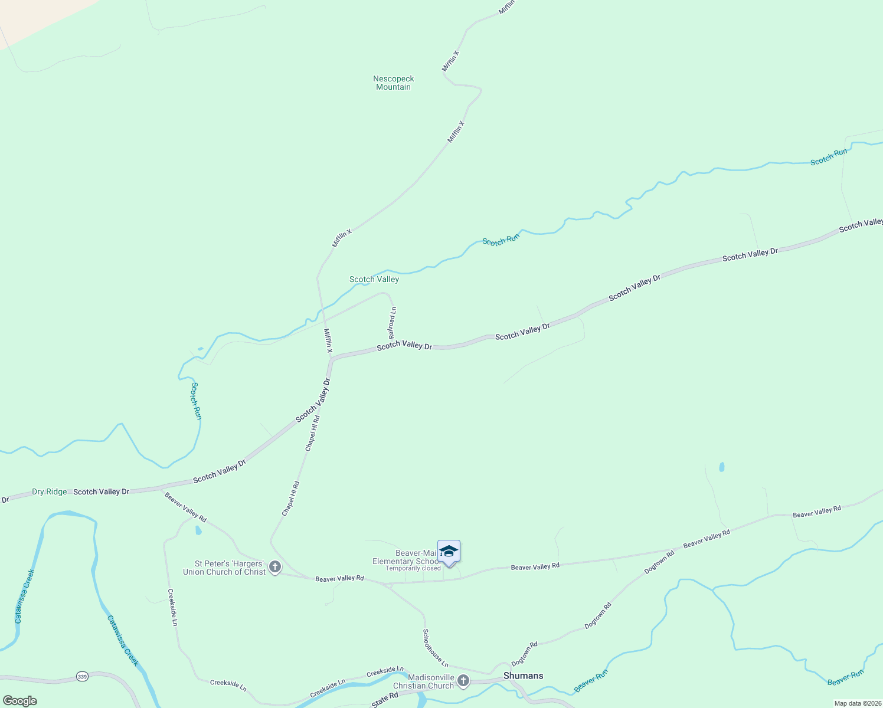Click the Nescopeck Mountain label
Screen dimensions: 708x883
393,83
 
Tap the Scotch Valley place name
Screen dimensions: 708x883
374,279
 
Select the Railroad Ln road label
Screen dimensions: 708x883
392,322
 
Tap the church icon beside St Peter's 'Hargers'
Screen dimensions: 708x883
274,568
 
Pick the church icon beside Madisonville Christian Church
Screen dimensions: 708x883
463,681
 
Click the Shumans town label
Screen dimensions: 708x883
523,676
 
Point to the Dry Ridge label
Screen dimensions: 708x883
49,491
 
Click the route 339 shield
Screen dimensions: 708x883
82,676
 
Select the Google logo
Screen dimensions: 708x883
19,701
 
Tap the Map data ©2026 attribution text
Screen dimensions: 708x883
856,703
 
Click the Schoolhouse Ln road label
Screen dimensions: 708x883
435,648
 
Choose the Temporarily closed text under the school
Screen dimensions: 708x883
413,568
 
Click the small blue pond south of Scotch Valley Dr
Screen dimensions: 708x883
721,467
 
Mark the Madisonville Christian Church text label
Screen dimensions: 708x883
424,681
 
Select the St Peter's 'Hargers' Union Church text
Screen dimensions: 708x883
224,568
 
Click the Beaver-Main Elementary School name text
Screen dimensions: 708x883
406,557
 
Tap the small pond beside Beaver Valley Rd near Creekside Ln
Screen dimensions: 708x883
198,530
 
